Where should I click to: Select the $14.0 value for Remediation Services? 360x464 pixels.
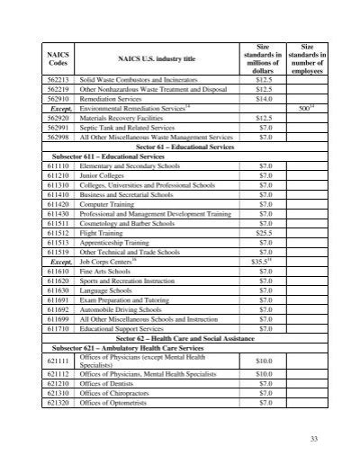tap(264, 98)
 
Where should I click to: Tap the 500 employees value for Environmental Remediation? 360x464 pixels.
tap(305, 108)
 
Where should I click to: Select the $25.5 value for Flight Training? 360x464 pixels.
tap(264, 231)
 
